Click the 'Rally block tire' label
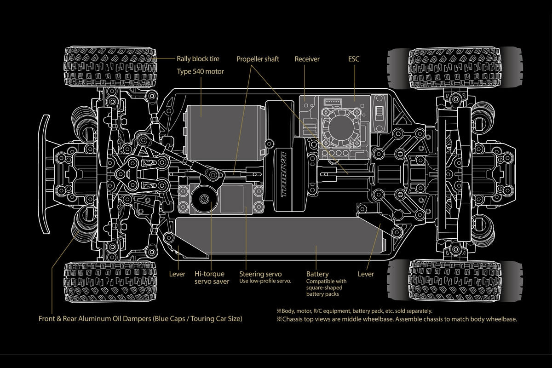click(x=198, y=58)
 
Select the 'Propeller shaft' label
click(x=258, y=59)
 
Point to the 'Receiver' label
click(x=307, y=59)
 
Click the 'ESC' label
click(x=354, y=59)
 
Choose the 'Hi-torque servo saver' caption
click(x=212, y=278)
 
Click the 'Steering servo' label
click(x=260, y=274)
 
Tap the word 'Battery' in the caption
click(x=317, y=274)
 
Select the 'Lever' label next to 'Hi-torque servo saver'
click(x=177, y=274)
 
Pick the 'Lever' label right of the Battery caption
click(x=366, y=274)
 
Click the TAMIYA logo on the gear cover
click(x=285, y=179)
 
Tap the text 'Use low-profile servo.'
click(x=265, y=281)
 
